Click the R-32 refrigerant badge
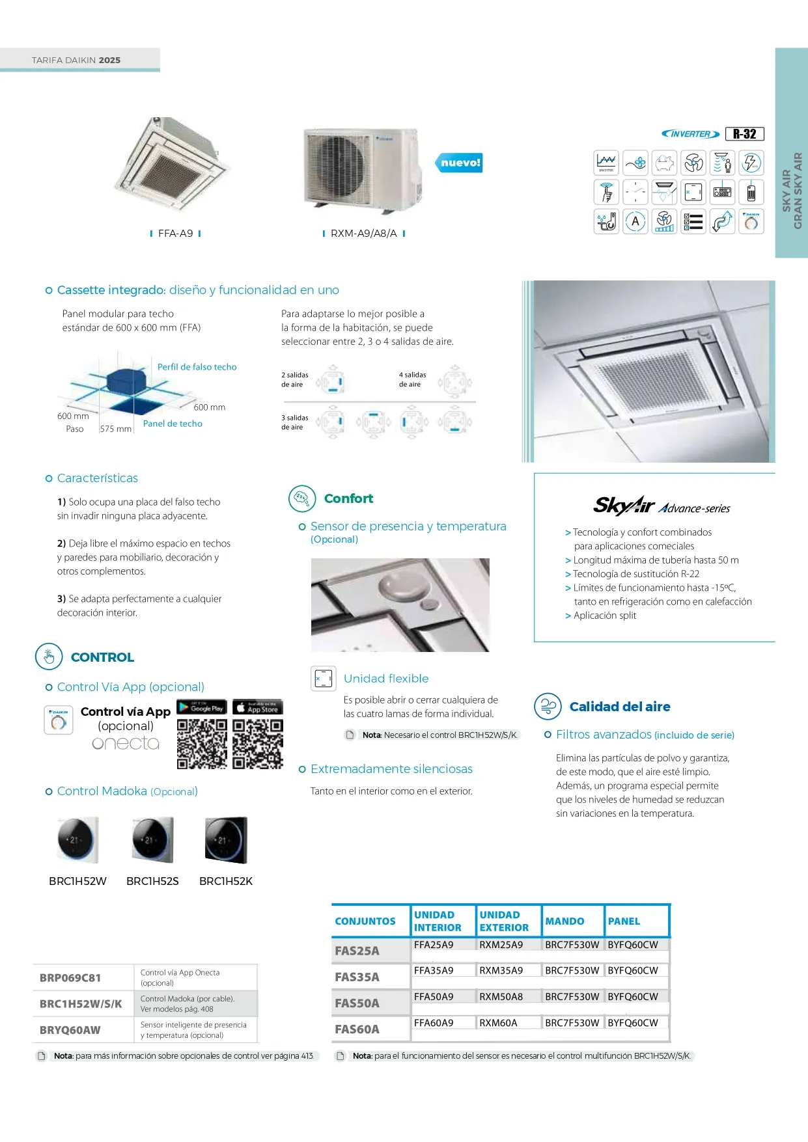[x=744, y=134]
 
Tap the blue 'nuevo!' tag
[x=460, y=163]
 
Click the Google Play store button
[x=201, y=707]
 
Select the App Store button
[x=258, y=707]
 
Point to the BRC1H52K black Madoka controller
[x=226, y=840]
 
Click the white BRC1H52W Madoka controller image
[x=78, y=840]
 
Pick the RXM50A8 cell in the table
[x=501, y=996]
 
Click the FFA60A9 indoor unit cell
[x=434, y=1022]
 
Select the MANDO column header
[x=564, y=921]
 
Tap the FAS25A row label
[x=357, y=951]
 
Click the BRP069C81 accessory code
[x=70, y=977]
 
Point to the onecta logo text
[x=126, y=743]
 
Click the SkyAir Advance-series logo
[x=662, y=506]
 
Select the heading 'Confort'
[x=348, y=498]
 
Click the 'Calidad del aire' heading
[x=619, y=707]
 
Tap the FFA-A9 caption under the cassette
[x=176, y=234]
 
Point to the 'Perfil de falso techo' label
[x=197, y=367]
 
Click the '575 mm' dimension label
[x=116, y=429]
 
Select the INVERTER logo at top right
[x=690, y=134]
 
